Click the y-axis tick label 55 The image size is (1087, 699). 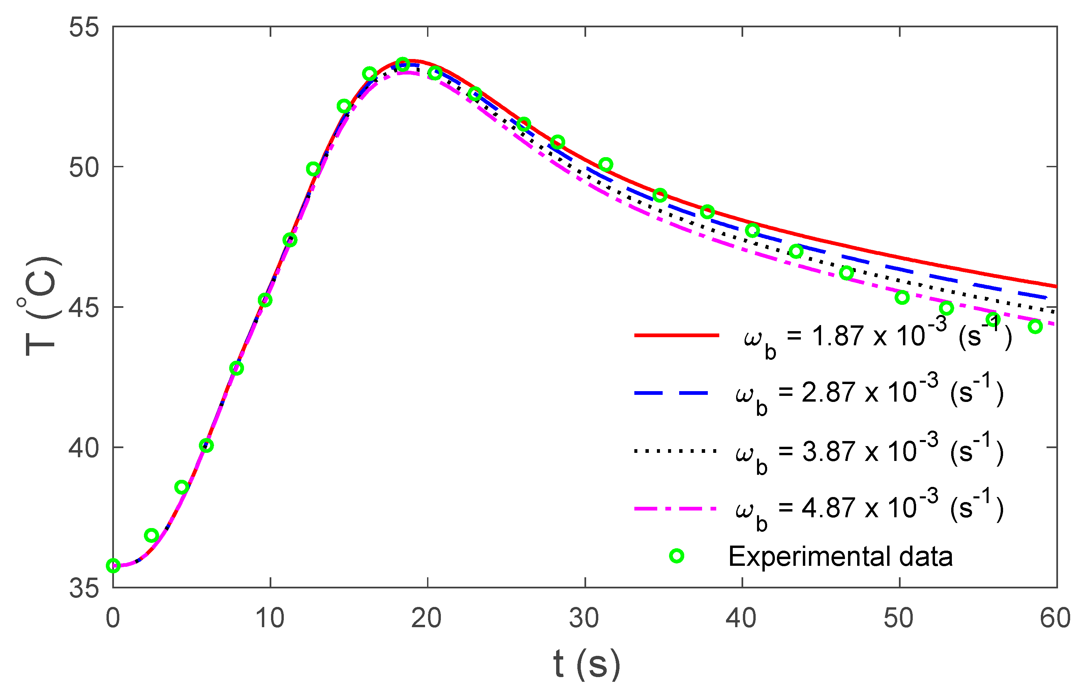coord(84,27)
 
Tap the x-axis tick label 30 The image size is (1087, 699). coord(584,618)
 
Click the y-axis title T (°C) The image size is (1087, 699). coord(42,307)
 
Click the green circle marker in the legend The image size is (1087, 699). coord(676,556)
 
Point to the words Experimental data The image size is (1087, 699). coord(840,557)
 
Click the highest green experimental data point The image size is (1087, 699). coord(402,64)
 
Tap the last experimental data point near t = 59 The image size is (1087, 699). coord(1035,326)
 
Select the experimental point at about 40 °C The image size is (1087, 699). coord(206,446)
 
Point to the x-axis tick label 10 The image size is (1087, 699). coord(270,618)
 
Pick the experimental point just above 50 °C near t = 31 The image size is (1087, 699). coord(606,164)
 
